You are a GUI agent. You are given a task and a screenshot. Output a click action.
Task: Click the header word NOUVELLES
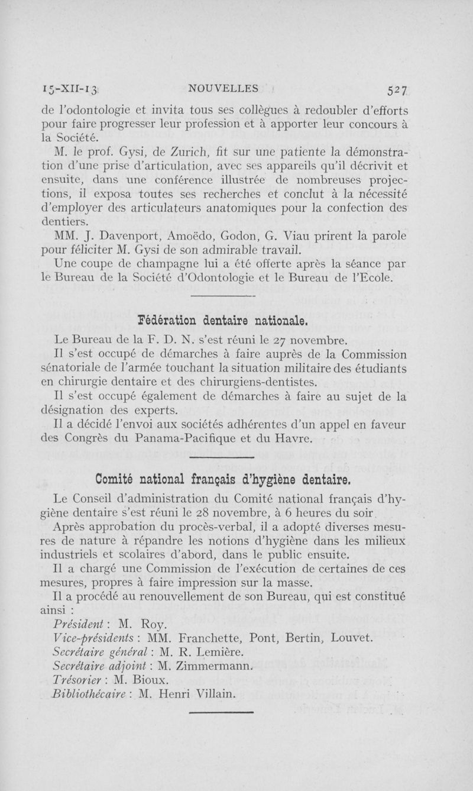[x=223, y=89]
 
